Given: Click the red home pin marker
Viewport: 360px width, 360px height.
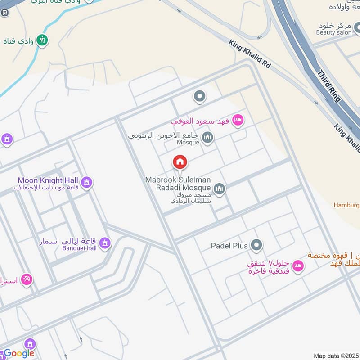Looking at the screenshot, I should [180, 162].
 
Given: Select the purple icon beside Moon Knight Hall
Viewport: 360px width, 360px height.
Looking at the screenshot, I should [87, 183].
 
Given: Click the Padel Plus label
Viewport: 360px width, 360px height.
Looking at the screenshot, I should [229, 246].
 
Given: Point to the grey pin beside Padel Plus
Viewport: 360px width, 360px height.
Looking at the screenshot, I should [256, 245].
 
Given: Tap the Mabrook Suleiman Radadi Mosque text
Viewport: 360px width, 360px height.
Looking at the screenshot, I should [178, 184].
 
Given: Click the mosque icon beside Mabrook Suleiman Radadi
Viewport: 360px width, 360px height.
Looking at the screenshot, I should [219, 189].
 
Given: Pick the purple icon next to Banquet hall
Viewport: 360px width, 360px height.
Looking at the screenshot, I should [105, 243].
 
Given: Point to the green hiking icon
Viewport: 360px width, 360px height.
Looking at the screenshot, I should [43, 40].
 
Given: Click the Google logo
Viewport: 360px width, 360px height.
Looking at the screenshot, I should [19, 353].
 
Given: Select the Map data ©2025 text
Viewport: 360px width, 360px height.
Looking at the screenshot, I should [336, 355].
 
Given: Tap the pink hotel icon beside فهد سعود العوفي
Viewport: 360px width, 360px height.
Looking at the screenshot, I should [238, 120].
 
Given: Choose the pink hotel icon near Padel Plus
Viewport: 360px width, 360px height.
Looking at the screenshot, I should [297, 266].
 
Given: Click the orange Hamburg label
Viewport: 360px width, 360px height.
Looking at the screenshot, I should [346, 205].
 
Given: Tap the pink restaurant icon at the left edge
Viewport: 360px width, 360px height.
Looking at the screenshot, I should [26, 280].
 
